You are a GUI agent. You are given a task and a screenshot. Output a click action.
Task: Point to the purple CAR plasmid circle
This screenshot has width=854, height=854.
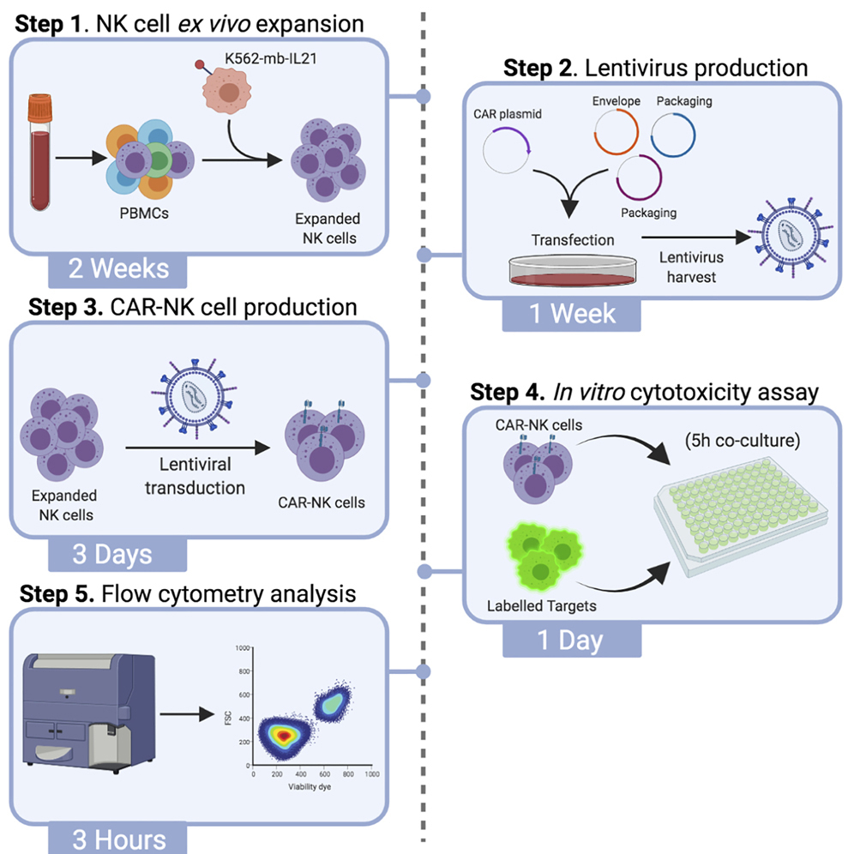point(508,150)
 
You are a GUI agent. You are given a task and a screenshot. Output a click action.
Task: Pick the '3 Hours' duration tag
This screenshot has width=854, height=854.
point(106,839)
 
